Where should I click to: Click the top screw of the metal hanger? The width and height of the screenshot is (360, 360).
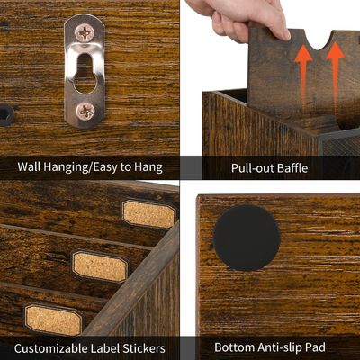(85, 33)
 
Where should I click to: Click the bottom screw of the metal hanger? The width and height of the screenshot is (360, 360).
(85, 111)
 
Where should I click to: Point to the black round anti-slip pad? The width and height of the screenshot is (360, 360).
(246, 238)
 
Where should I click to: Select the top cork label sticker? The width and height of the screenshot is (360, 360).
(148, 214)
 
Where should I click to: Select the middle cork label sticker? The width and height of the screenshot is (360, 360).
(99, 265)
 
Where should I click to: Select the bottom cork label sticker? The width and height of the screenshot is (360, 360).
(52, 319)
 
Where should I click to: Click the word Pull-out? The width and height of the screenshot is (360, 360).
(255, 166)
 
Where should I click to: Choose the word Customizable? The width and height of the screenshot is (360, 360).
(54, 346)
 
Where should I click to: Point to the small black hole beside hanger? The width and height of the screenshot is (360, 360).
(5, 114)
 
